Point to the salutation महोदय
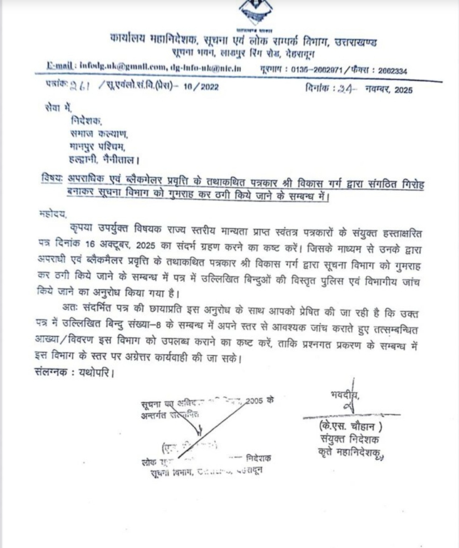[54, 215]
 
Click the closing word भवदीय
[345, 395]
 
